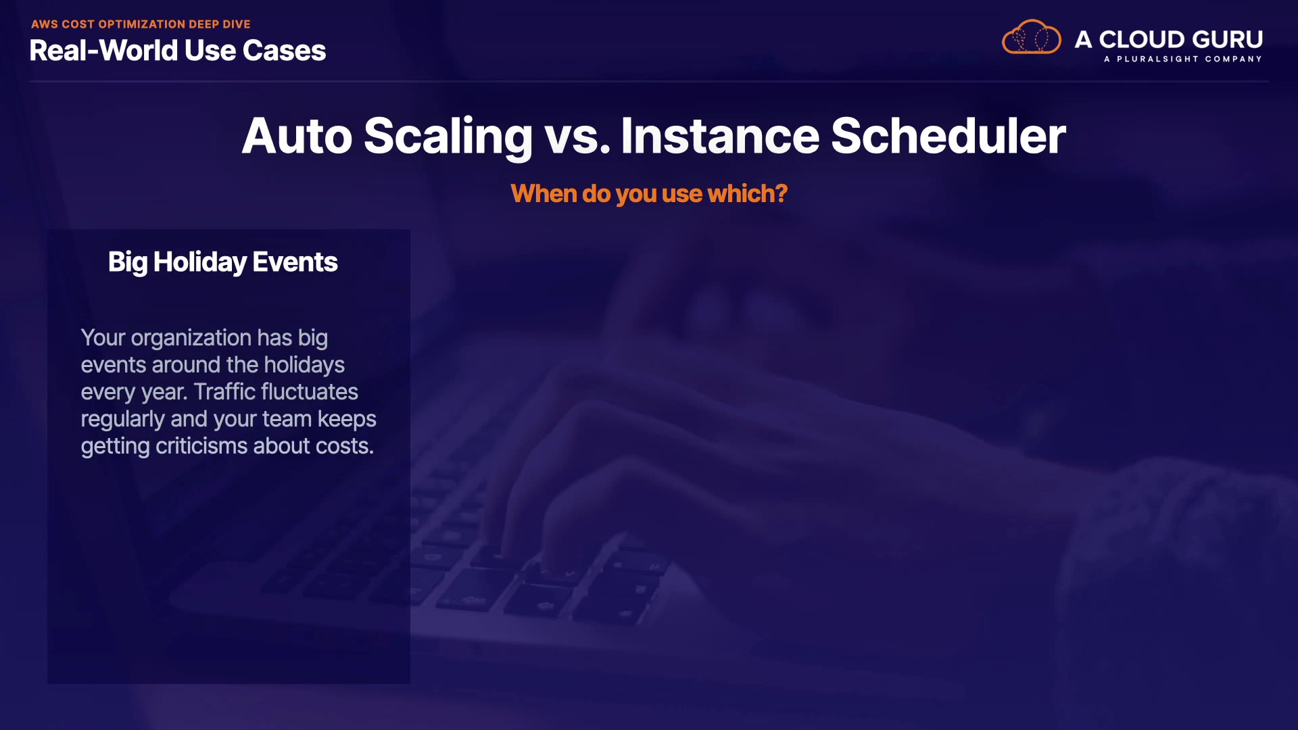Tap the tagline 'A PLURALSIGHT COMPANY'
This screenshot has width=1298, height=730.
pos(1183,59)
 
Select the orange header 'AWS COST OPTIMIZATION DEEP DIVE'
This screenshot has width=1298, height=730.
pos(141,24)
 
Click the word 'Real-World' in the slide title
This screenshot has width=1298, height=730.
pos(103,51)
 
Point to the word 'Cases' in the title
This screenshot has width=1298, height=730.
pos(284,51)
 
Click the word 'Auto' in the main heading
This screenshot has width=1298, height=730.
pos(297,136)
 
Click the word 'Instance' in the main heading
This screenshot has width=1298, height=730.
pos(720,136)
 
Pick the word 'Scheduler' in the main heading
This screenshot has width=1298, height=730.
pos(948,136)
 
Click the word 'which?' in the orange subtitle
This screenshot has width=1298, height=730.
pos(747,194)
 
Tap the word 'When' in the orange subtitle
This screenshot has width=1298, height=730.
pos(544,194)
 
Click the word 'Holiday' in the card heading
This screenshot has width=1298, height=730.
pos(199,263)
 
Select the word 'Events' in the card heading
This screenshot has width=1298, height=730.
pos(295,262)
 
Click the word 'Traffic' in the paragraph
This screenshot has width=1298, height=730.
pos(224,392)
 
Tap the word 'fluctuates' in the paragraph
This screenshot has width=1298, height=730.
pos(310,392)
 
